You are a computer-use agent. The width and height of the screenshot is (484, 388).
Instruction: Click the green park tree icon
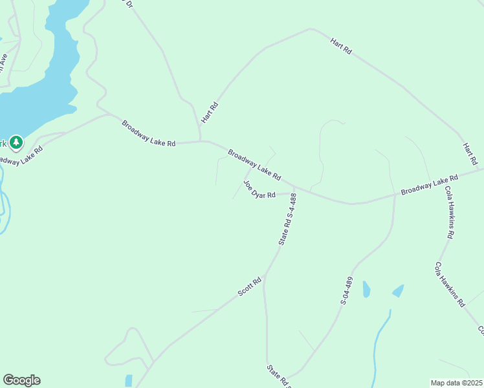pyautogui.click(x=16, y=142)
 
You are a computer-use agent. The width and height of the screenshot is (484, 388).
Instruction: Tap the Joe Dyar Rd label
pyautogui.click(x=259, y=191)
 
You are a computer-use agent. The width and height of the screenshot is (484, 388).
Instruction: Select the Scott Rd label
pyautogui.click(x=249, y=286)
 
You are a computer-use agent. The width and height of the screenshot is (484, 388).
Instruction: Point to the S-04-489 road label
pyautogui.click(x=348, y=290)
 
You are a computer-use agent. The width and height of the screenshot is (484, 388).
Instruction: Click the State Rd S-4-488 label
pyautogui.click(x=287, y=219)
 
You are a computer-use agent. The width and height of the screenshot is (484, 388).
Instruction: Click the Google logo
pyautogui.click(x=21, y=380)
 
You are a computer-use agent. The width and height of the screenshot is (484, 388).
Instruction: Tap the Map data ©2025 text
pyautogui.click(x=456, y=383)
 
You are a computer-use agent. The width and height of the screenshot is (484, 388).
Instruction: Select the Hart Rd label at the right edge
pyautogui.click(x=470, y=153)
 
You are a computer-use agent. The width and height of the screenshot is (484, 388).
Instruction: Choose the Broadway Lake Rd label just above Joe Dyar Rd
pyautogui.click(x=254, y=164)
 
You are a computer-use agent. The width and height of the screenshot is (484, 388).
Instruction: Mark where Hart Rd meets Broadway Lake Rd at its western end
pyautogui.click(x=201, y=140)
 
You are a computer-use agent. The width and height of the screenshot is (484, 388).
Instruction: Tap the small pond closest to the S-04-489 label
pyautogui.click(x=366, y=289)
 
